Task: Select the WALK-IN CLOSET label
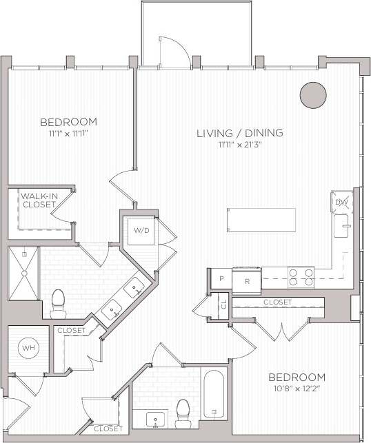pos(39,200)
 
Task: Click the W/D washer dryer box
pos(141,229)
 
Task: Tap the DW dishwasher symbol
pos(341,203)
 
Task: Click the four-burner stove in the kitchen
pos(300,277)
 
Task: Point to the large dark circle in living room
pos(312,94)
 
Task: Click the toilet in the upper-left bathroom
pos(58,301)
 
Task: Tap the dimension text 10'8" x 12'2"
pos(297,389)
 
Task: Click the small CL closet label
pos(223,302)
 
